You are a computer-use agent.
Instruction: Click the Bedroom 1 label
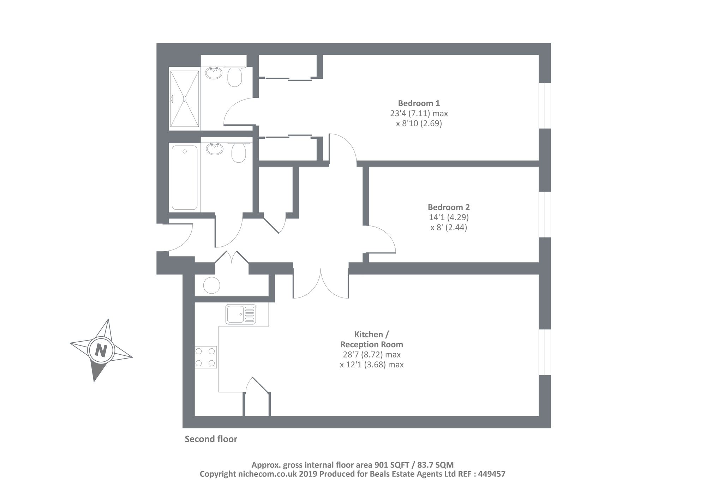419,103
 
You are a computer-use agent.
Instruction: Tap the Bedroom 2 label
449,208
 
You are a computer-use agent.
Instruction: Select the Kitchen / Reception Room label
371,339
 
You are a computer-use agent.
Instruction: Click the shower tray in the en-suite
184,98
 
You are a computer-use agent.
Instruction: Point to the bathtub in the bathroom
184,178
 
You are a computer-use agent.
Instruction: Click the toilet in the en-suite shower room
235,77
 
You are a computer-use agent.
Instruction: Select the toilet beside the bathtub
239,153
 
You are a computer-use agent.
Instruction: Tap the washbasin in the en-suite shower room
214,73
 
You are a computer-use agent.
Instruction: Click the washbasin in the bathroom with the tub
215,149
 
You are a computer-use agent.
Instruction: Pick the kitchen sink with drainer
241,314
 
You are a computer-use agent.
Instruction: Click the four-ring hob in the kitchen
205,357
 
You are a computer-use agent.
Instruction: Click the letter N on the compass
101,350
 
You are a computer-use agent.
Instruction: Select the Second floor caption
211,439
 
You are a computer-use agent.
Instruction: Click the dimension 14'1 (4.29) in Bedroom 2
449,217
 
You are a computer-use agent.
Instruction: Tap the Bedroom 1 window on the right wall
545,106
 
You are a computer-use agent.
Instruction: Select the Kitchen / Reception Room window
545,352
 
